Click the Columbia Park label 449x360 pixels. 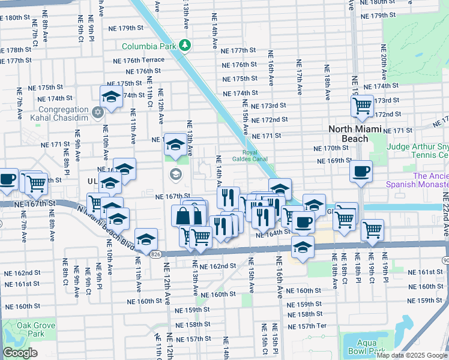[x=149, y=46]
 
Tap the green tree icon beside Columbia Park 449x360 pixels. [x=185, y=45]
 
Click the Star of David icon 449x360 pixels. [x=98, y=112]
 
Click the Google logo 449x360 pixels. [x=20, y=353]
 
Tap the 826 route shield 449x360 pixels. [x=155, y=254]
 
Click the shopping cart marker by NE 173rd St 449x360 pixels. [x=363, y=106]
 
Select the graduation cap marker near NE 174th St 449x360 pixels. [x=111, y=96]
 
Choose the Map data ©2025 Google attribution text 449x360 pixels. [x=412, y=355]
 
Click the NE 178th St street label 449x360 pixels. [x=15, y=50]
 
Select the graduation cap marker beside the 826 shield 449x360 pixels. [x=146, y=240]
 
